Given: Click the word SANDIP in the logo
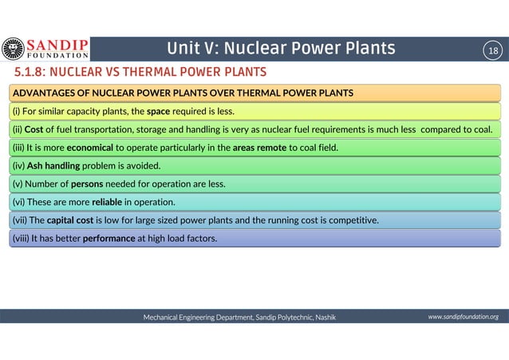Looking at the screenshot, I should [x=58, y=45].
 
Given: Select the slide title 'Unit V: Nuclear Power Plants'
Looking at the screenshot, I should [x=281, y=49].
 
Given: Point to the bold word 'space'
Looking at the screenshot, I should [x=158, y=111].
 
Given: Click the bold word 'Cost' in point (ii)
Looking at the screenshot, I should [x=34, y=129].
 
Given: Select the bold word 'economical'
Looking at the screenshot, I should [x=89, y=148].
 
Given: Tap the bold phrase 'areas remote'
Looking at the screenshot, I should [x=259, y=148].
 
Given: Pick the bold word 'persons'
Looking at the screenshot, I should [x=88, y=184].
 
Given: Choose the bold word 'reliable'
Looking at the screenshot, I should [x=108, y=202].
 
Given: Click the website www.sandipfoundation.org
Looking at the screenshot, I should [x=463, y=317].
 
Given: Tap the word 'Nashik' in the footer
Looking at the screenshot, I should [x=325, y=317].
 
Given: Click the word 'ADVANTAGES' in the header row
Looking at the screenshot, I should [x=44, y=93].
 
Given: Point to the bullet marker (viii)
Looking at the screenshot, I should [x=19, y=238].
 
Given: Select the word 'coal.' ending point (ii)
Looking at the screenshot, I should [x=490, y=129].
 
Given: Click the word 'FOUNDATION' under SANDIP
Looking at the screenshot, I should [x=58, y=57].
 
